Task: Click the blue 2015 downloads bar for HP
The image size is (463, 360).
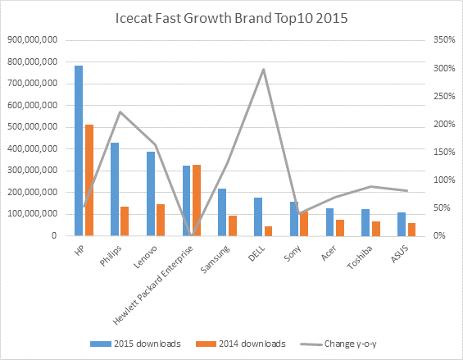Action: coord(79,151)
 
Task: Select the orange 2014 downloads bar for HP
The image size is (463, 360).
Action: coord(89,180)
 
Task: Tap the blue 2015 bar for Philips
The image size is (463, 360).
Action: coord(115,189)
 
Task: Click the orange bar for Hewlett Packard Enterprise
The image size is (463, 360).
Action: coord(197,200)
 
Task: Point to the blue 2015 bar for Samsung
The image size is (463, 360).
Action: coord(222,212)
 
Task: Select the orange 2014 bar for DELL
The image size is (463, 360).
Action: coord(269,231)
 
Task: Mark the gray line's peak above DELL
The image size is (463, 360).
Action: coord(263,70)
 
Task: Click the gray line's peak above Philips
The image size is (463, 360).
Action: coord(120,112)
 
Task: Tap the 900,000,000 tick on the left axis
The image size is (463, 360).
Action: coord(33,39)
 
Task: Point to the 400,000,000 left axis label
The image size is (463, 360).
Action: coord(33,148)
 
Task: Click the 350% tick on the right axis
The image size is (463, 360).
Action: coord(444,39)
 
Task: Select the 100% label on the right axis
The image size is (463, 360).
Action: coord(444,180)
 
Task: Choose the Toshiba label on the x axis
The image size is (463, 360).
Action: coord(360,257)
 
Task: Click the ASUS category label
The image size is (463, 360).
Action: coord(400,254)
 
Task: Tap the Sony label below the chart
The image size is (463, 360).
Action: coord(293,253)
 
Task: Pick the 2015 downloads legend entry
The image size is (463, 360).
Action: coord(135,344)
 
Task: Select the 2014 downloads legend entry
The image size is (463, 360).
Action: coord(241,344)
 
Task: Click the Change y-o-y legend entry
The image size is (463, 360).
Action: coord(338,344)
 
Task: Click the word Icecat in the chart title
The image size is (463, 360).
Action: coord(134,18)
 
